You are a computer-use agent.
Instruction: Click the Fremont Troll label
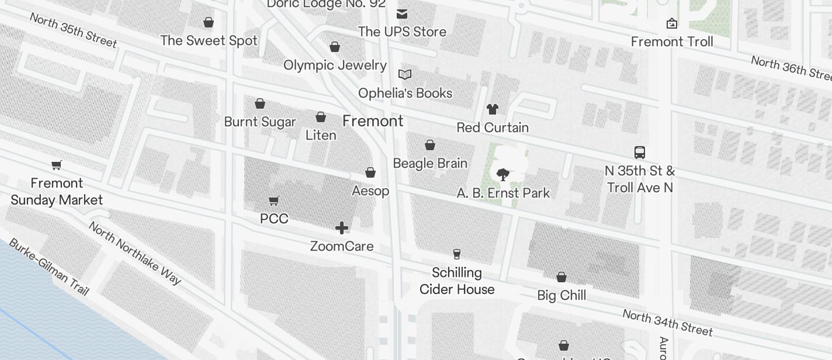[x=672, y=41]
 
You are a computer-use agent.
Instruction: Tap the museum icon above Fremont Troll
[x=672, y=24]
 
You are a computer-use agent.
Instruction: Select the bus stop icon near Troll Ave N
[x=640, y=153]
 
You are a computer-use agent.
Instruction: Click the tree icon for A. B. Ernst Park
[x=502, y=174]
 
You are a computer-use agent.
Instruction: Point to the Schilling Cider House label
[x=457, y=281]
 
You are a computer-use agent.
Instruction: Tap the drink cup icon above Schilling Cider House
[x=457, y=254]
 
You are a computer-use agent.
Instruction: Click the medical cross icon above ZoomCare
[x=342, y=228]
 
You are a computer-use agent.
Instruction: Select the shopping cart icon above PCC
[x=274, y=201]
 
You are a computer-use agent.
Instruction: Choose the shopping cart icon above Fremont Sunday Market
[x=57, y=165]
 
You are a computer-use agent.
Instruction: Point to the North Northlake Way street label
[x=135, y=252]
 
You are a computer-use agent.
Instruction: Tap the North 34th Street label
[x=667, y=323]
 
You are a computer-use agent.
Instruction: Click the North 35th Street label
[x=73, y=29]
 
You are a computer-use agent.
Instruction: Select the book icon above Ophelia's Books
[x=405, y=75]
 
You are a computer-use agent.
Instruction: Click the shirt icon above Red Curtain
[x=493, y=109]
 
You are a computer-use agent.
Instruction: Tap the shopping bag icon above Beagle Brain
[x=430, y=145]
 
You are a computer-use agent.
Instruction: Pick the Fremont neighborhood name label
[x=373, y=121]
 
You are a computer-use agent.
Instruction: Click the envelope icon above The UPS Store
[x=402, y=14]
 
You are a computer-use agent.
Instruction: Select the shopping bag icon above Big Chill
[x=561, y=277]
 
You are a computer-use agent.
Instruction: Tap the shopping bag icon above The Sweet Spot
[x=209, y=23]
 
